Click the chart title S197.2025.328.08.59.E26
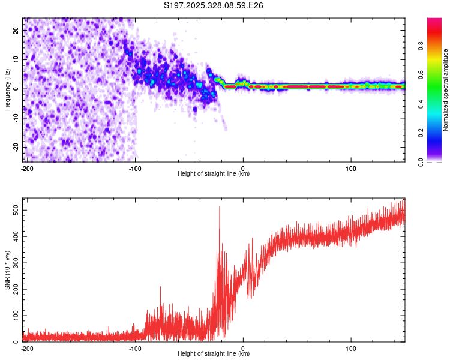point(213,5)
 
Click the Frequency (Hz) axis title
point(7,90)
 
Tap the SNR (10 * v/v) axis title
point(7,270)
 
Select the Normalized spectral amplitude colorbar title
point(445,90)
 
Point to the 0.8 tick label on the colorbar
point(421,46)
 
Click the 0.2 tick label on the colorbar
point(421,133)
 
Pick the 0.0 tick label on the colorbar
point(421,162)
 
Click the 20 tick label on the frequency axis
point(16,31)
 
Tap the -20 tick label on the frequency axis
point(16,147)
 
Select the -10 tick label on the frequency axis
point(16,118)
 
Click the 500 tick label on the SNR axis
point(16,210)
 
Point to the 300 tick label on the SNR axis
point(16,263)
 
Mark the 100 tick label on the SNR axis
point(16,316)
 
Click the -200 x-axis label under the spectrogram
point(27,169)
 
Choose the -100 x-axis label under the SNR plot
point(135,349)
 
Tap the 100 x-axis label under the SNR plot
point(351,349)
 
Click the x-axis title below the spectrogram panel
point(214,173)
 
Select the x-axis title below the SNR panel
point(214,353)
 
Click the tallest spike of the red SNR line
point(220,207)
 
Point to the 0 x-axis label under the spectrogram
point(243,169)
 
